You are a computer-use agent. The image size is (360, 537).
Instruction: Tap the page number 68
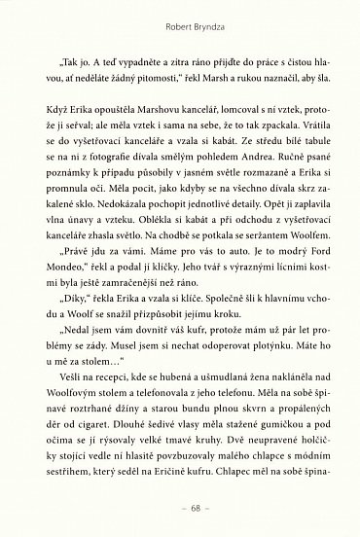181,509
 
